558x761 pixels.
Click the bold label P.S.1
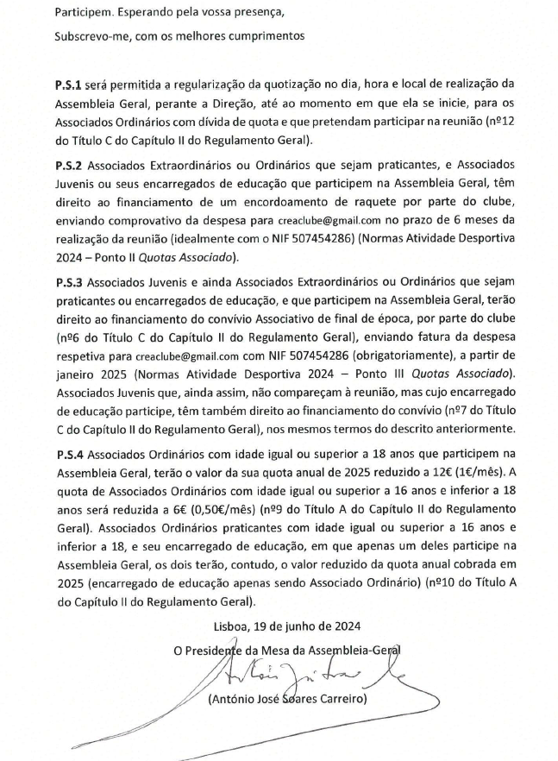[x=68, y=84]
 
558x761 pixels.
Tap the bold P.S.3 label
[x=68, y=280]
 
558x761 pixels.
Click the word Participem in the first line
[x=82, y=13]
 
